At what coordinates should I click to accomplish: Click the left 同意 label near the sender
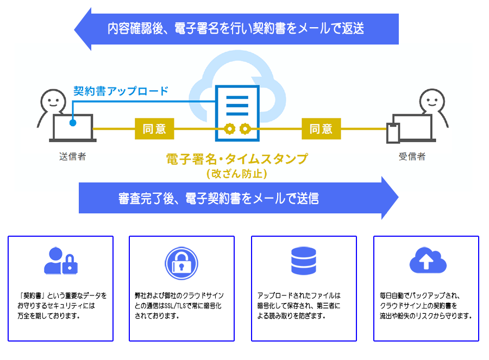154,129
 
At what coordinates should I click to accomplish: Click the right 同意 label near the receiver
321,129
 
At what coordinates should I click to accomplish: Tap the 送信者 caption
72,157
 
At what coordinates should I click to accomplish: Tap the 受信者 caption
412,157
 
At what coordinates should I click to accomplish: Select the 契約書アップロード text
121,91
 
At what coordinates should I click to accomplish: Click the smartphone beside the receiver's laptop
392,134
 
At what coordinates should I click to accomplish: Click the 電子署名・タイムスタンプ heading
236,159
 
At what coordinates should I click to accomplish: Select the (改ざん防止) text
236,174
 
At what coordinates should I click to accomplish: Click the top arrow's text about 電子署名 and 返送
235,29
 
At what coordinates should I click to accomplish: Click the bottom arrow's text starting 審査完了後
218,198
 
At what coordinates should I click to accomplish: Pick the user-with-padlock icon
60,261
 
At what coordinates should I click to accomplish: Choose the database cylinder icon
303,261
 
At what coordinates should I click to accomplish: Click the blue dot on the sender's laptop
72,123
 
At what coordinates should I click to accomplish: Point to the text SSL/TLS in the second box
174,306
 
